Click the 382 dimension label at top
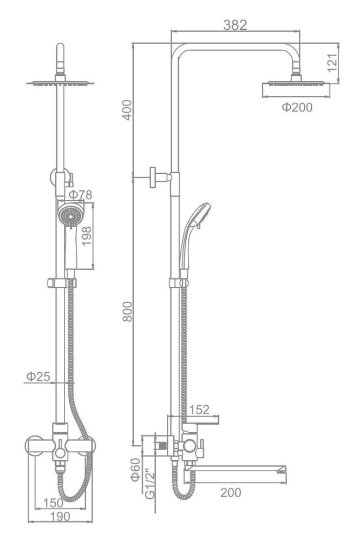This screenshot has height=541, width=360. [235, 25]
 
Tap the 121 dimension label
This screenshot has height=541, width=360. [332, 63]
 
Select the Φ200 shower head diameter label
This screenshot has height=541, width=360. [297, 107]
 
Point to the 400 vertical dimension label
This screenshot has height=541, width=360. [127, 110]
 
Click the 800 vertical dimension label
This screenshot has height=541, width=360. [127, 312]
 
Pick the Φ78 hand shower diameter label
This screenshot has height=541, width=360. [81, 195]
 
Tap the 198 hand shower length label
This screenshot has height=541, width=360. [86, 236]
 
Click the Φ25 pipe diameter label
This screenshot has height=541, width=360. [38, 376]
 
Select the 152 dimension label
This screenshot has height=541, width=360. [200, 410]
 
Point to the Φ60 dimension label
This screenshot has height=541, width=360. [135, 470]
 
